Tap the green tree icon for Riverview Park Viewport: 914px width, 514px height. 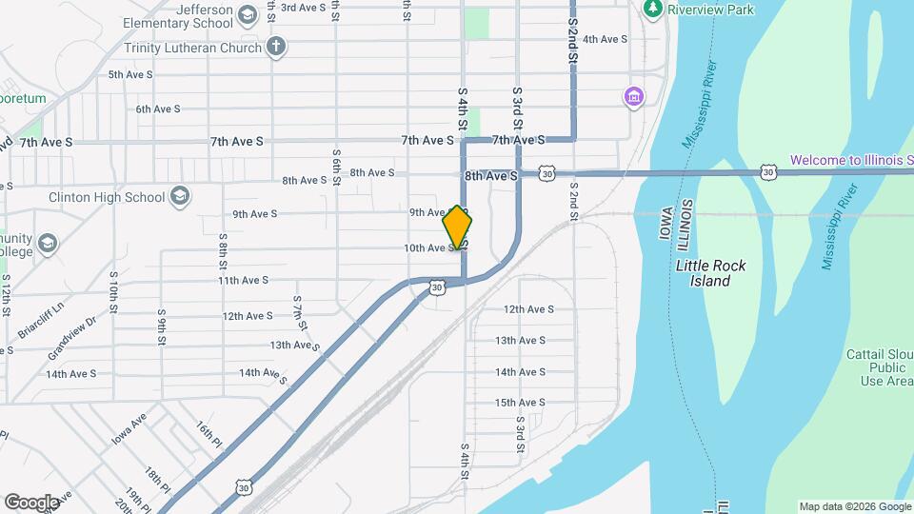(653, 9)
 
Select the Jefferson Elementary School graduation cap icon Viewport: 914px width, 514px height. (248, 15)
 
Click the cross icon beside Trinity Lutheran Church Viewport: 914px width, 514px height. (276, 47)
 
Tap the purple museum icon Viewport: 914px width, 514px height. (633, 96)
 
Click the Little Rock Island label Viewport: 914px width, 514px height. (710, 273)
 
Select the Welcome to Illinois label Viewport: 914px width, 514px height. (851, 161)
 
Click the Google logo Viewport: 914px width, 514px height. (31, 502)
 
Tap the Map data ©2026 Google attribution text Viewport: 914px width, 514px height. (854, 506)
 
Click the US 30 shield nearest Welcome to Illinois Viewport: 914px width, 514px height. (767, 172)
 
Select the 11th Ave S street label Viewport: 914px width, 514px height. (243, 281)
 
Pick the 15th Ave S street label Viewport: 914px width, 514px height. (519, 403)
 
